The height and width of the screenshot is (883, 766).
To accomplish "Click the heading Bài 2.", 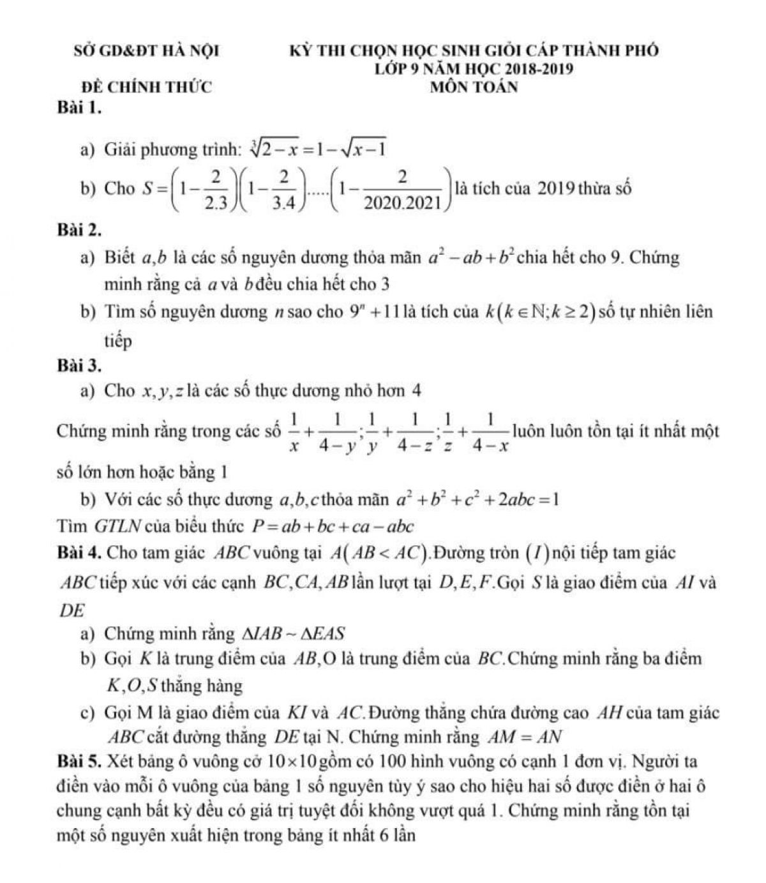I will coord(79,227).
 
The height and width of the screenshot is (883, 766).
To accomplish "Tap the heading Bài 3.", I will coord(79,365).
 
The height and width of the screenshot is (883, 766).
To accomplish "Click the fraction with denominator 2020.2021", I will coord(402,190).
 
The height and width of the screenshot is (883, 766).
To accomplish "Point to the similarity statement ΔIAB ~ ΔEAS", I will coord(292,634).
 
